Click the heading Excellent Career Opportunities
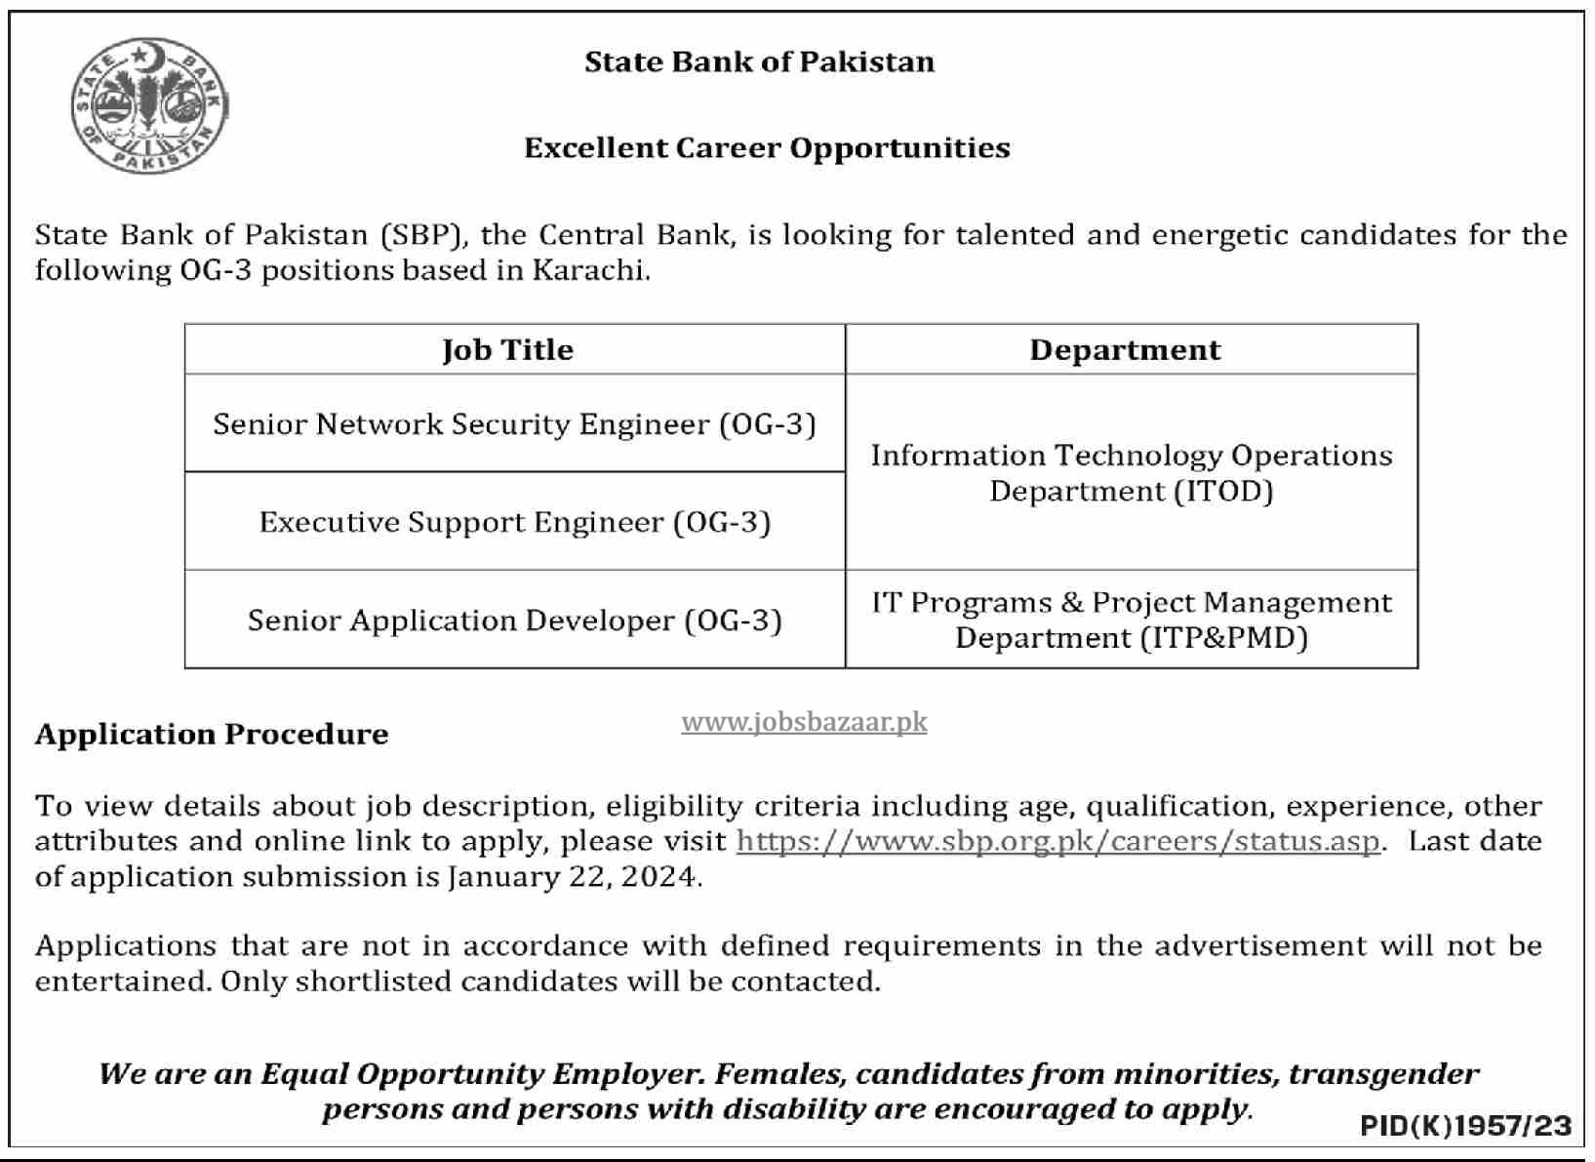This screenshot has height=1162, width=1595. coord(767,148)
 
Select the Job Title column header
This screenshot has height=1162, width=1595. coord(507,350)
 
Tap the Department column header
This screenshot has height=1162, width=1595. coord(1125,350)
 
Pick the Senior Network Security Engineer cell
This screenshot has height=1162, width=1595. coord(514,424)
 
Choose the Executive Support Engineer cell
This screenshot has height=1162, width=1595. coord(514,522)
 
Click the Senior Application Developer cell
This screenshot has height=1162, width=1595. coord(514,621)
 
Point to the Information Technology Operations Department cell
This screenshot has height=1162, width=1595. coord(1131,473)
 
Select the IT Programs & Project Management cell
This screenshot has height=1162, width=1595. coord(1131,620)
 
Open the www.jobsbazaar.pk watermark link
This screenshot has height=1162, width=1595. coord(804,722)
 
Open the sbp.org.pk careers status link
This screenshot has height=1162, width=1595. coord(1057,841)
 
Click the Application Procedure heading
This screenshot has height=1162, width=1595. coord(212,734)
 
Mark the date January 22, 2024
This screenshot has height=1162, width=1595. coord(573,876)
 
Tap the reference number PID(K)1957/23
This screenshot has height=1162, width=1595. coord(1465,1126)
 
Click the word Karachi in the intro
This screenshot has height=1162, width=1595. coord(590,270)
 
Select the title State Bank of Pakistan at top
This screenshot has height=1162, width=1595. coord(759,61)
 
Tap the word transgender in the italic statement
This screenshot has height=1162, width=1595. coord(1383,1074)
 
